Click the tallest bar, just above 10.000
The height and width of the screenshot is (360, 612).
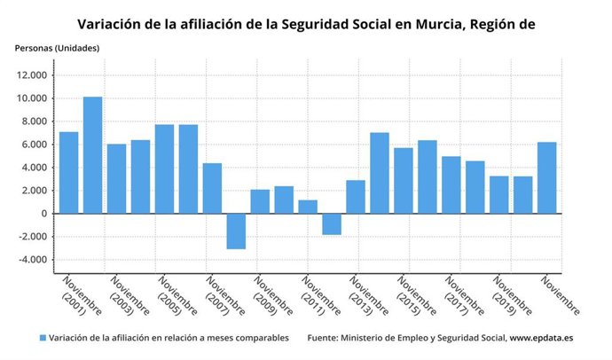pos(92,155)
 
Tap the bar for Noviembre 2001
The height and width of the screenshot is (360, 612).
pos(69,173)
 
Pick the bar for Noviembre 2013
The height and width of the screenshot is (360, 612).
pos(356,197)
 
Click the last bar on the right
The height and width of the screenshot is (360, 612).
pos(547,177)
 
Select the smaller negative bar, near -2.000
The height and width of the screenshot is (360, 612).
pos(332,223)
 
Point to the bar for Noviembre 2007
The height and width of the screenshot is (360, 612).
pos(212,188)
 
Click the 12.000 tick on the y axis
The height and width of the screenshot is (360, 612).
pos(32,75)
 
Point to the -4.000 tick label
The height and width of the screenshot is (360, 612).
pos(32,260)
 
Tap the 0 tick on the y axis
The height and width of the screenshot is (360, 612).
pos(43,214)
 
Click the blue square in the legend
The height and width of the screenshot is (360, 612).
pos(43,338)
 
